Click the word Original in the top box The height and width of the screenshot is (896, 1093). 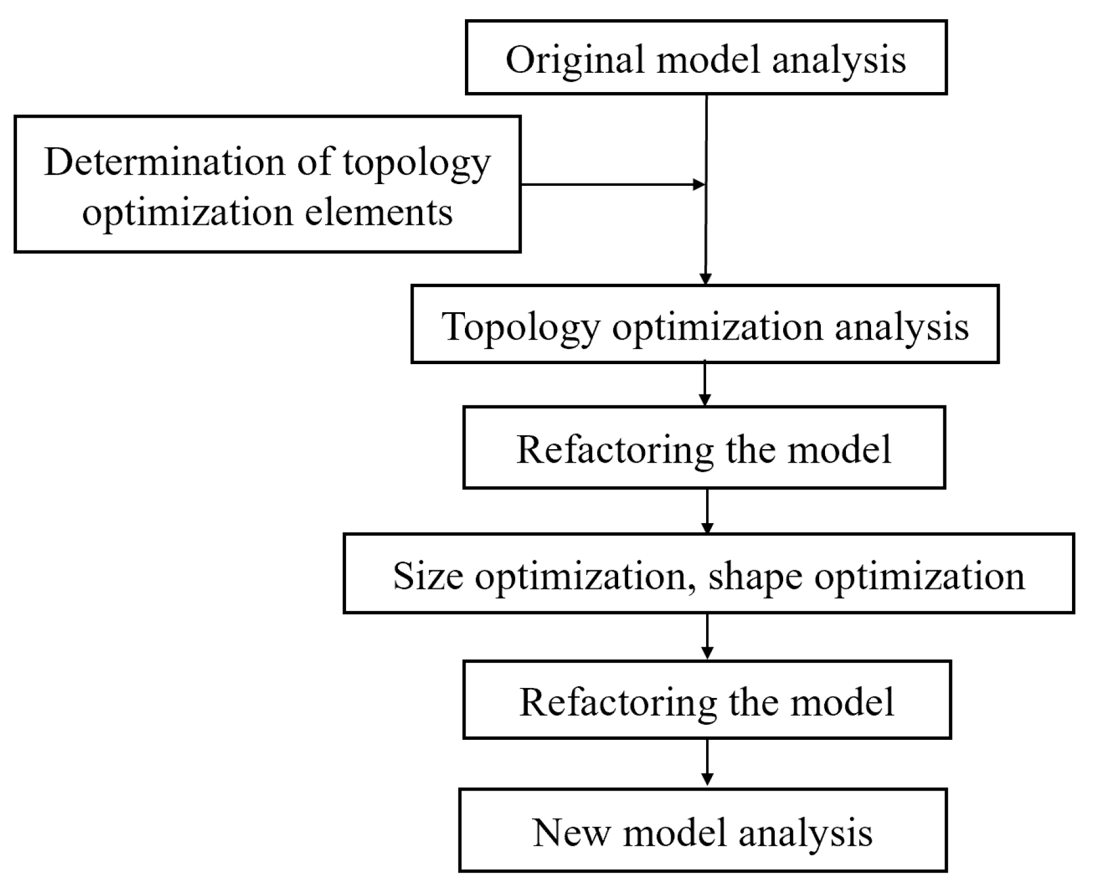pyautogui.click(x=573, y=61)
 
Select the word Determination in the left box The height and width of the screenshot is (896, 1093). pyautogui.click(x=165, y=162)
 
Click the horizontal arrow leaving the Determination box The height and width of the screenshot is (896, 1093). pyautogui.click(x=612, y=185)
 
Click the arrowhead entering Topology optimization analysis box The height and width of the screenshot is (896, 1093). pyautogui.click(x=706, y=278)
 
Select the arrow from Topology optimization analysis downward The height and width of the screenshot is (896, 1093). pyautogui.click(x=705, y=384)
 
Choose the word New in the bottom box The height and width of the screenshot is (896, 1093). pyautogui.click(x=570, y=832)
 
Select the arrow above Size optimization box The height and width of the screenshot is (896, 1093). pyautogui.click(x=707, y=512)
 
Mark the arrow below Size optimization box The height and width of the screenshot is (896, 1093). pyautogui.click(x=707, y=637)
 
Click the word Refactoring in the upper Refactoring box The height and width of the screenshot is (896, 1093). pyautogui.click(x=615, y=451)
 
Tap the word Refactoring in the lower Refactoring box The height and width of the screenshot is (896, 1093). pyautogui.click(x=618, y=703)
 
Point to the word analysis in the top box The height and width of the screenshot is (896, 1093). pyautogui.click(x=839, y=61)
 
